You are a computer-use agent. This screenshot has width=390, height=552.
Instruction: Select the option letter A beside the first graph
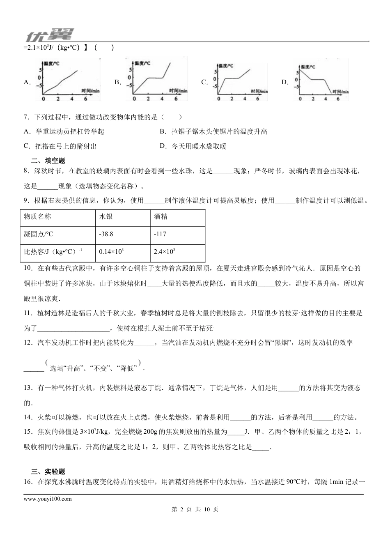pyautogui.click(x=27, y=82)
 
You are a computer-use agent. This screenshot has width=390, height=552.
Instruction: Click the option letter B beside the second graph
pyautogui.click(x=117, y=82)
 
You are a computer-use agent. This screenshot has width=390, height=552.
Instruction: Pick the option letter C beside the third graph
pyautogui.click(x=204, y=82)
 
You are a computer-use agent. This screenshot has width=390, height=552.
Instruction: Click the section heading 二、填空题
pyautogui.click(x=48, y=161)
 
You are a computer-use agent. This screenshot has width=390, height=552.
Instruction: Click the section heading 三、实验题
pyautogui.click(x=48, y=471)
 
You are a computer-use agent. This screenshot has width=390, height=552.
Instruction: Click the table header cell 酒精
pyautogui.click(x=161, y=216)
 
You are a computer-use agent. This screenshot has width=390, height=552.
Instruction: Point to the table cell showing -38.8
pyautogui.click(x=106, y=234)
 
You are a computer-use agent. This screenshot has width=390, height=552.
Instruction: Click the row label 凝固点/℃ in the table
pyautogui.click(x=39, y=234)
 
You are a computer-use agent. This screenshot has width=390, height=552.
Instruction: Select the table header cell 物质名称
pyautogui.click(x=38, y=216)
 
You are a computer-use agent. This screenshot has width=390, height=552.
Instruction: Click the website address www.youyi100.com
pyautogui.click(x=48, y=499)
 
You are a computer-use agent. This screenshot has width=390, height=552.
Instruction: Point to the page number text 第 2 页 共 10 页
pyautogui.click(x=195, y=509)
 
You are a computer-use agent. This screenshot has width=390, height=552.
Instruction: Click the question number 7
pyautogui.click(x=26, y=117)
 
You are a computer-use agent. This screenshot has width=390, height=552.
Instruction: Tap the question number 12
pyautogui.click(x=28, y=343)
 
